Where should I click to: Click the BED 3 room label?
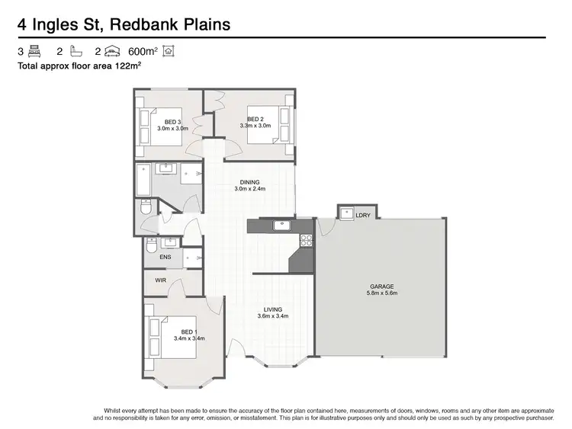tap(173, 122)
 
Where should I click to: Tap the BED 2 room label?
tap(255, 119)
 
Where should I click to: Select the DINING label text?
tap(249, 182)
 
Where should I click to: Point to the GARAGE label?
tap(382, 287)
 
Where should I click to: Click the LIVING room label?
tap(272, 309)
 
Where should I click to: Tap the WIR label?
tap(160, 280)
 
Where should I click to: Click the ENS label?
tap(165, 257)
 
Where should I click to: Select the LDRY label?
tap(363, 216)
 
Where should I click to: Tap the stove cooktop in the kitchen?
tap(307, 239)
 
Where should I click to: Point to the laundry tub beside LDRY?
tap(345, 213)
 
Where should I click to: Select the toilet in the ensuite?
tap(151, 246)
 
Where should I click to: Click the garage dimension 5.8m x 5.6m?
tap(382, 293)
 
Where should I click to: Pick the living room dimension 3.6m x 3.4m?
tap(272, 315)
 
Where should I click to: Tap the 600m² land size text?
tap(143, 52)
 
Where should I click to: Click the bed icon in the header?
tap(34, 52)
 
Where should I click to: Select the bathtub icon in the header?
tap(75, 52)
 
